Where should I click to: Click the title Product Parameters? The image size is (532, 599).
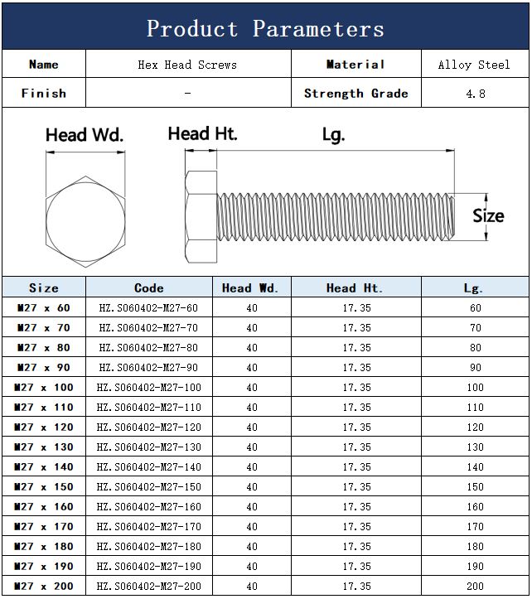coord(265,29)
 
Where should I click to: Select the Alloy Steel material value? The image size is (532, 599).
coord(474,65)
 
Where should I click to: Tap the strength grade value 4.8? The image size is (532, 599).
coord(476,94)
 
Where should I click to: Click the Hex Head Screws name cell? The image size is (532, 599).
coord(187,65)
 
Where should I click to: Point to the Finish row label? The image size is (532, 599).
coord(44,94)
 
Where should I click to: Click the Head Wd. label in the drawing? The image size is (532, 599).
coord(85,135)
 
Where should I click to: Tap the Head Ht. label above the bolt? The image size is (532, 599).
coord(202,133)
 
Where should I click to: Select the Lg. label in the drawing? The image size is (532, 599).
coord(333,135)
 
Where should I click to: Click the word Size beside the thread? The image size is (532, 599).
coord(488,216)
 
